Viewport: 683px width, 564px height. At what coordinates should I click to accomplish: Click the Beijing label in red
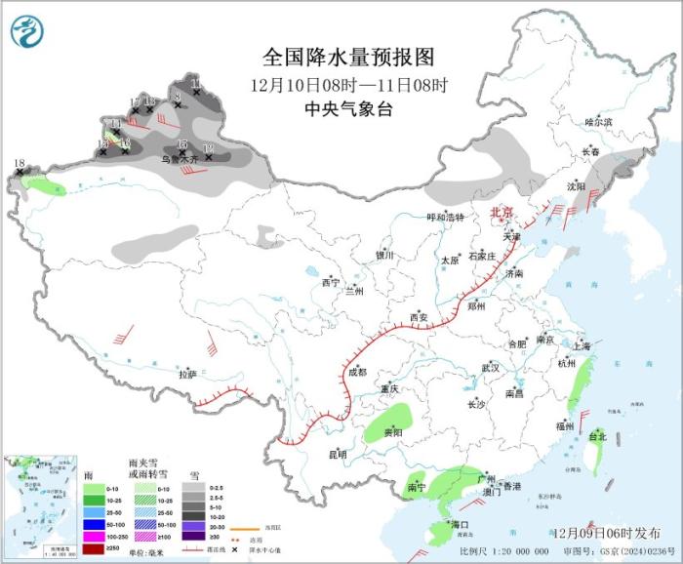pyautogui.click(x=501, y=212)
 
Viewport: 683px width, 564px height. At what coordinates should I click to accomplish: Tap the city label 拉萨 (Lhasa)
pyautogui.click(x=187, y=374)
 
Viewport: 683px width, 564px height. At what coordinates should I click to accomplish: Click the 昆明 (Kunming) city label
pyautogui.click(x=337, y=454)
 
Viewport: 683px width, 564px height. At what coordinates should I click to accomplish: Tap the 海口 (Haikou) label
pyautogui.click(x=460, y=525)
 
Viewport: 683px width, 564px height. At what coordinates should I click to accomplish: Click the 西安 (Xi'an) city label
pyautogui.click(x=419, y=317)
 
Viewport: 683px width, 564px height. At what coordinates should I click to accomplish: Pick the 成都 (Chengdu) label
pyautogui.click(x=356, y=372)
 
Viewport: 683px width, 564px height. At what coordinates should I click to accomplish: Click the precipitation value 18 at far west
pyautogui.click(x=20, y=163)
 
